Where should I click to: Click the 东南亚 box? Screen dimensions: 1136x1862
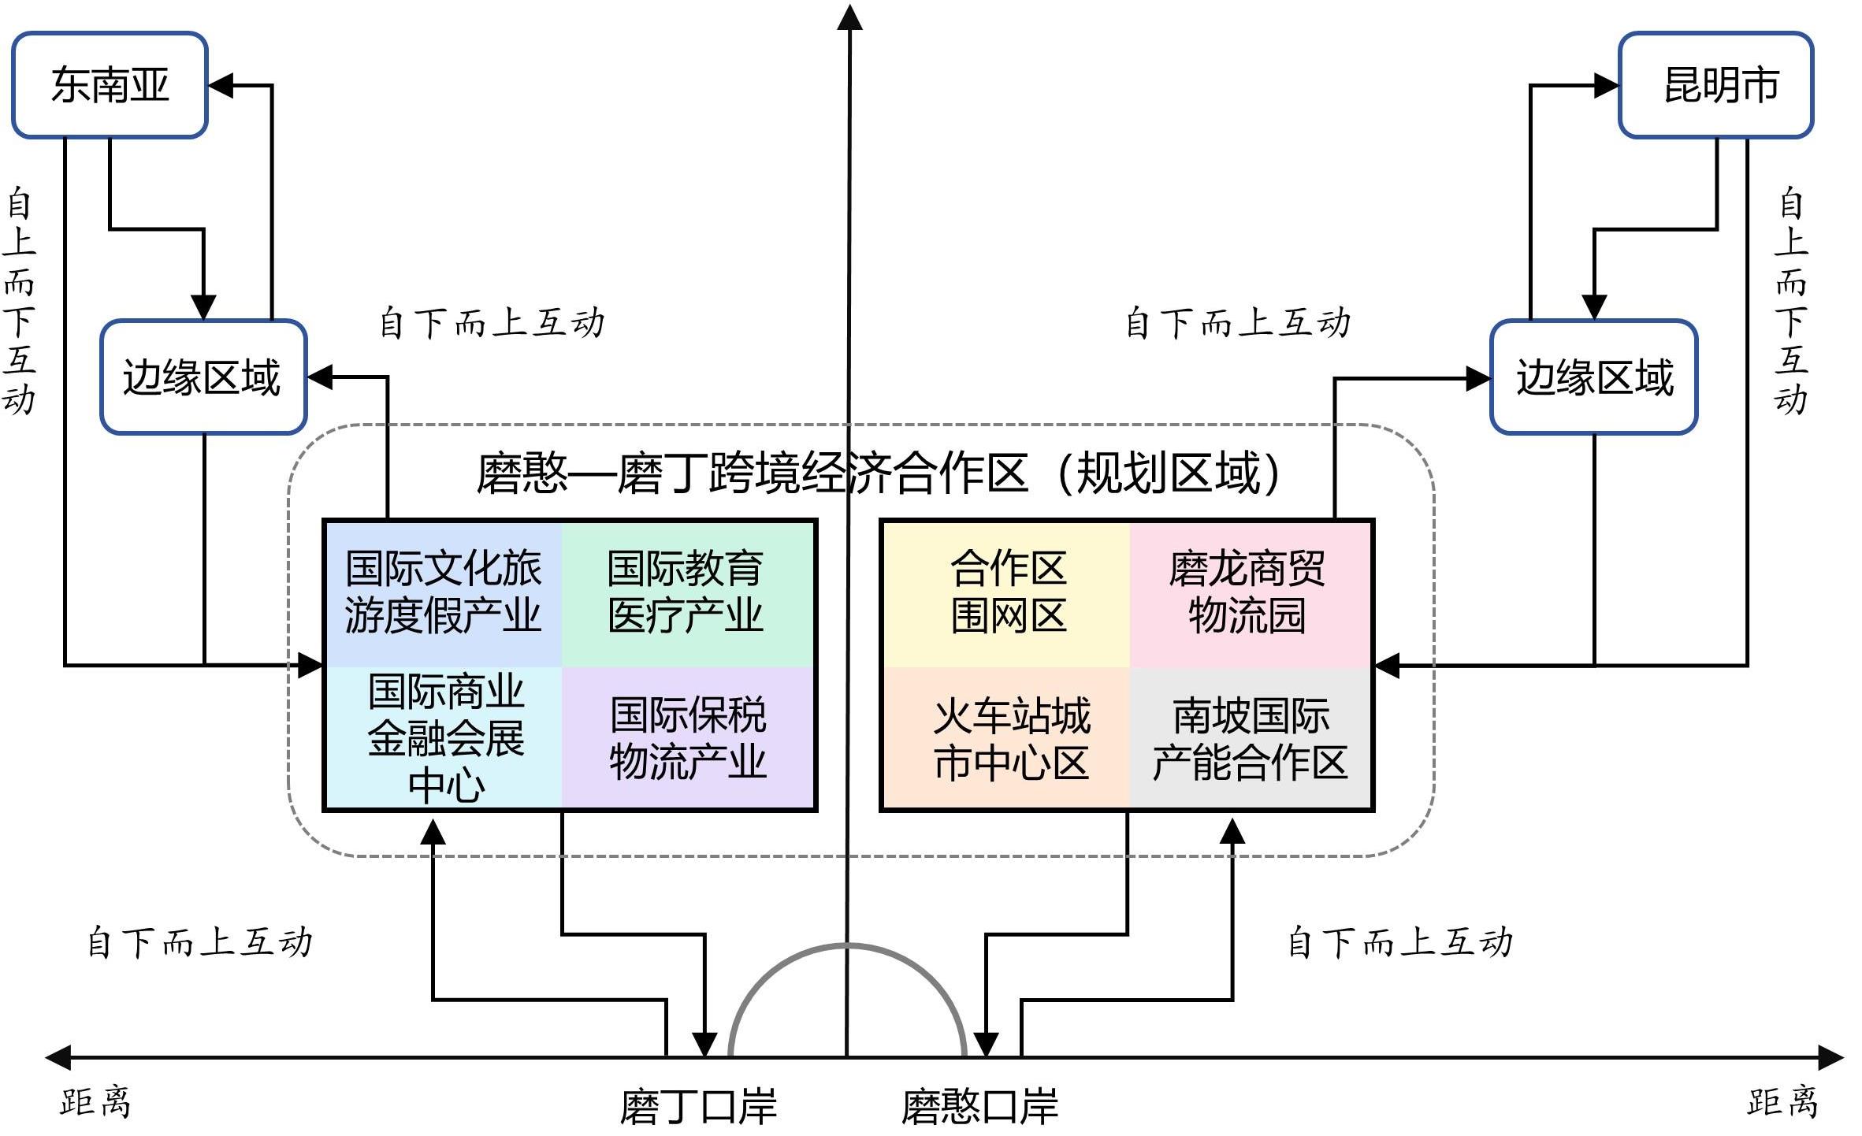point(110,85)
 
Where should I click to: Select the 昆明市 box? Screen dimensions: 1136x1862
point(1715,85)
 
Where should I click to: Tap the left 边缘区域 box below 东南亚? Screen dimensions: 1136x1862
point(203,377)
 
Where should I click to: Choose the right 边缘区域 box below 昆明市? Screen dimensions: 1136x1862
point(1593,377)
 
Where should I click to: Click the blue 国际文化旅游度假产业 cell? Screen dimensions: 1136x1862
point(444,592)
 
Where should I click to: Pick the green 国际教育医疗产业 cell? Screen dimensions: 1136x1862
point(686,592)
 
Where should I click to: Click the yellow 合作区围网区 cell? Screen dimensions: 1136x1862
point(1008,592)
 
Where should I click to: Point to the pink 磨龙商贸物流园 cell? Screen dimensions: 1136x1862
point(1248,592)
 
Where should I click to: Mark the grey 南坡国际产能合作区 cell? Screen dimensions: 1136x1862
point(1250,738)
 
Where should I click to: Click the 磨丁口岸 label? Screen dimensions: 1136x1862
point(698,1106)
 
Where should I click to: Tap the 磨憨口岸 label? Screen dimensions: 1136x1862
point(979,1106)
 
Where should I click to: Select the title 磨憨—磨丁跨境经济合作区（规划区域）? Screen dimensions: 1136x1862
point(879,473)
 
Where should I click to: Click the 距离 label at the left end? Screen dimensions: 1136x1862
point(95,1101)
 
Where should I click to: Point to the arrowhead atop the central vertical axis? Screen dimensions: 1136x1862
point(849,17)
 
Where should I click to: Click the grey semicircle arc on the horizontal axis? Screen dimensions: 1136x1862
point(848,945)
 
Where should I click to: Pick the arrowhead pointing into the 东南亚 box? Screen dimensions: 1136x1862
point(221,85)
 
